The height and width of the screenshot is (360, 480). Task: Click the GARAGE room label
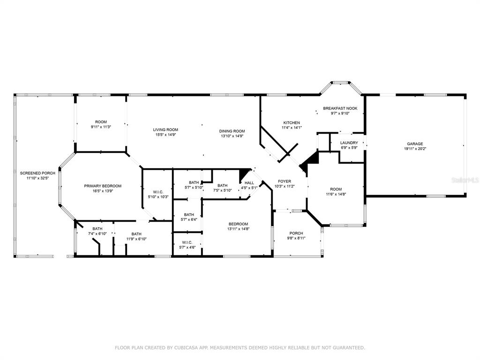415,144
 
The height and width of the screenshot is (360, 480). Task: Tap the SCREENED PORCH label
37,173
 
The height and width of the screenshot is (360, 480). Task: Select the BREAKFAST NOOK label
340,108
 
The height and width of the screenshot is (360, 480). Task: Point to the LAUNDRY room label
349,143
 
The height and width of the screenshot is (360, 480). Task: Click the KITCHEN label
292,123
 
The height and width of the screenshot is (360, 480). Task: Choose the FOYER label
285,181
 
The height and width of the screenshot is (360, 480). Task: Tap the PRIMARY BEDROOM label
103,186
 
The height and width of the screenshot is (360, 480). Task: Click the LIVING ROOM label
165,130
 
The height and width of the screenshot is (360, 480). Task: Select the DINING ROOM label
232,131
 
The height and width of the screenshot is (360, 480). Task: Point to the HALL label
249,183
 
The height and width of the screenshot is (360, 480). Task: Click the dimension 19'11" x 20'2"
415,149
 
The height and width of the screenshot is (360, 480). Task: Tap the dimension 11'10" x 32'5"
37,178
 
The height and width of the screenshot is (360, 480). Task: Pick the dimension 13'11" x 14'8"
238,229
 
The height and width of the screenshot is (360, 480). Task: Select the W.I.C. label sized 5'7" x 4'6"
187,242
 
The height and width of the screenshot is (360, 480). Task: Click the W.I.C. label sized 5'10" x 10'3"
158,192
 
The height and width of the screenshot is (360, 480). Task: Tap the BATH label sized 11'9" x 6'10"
136,234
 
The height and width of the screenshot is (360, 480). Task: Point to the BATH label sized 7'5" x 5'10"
223,186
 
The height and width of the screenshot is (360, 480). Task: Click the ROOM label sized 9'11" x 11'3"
101,122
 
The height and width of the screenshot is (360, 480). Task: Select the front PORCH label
296,233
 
